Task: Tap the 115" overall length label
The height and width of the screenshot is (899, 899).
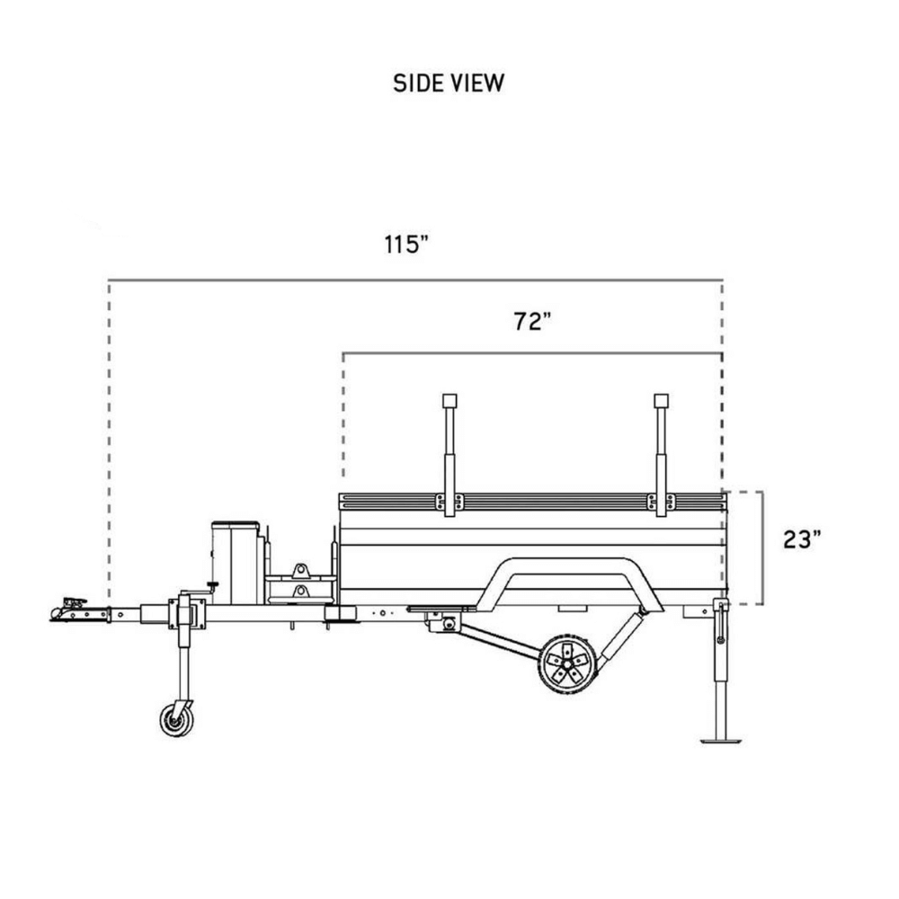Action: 407,245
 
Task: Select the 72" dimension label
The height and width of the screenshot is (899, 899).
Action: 532,322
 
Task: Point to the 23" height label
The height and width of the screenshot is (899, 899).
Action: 801,539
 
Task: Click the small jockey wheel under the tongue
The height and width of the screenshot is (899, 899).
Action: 176,719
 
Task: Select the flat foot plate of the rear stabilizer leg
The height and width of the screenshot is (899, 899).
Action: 720,740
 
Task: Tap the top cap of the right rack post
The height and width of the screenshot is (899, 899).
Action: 662,400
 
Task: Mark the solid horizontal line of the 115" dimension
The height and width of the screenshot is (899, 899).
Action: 414,280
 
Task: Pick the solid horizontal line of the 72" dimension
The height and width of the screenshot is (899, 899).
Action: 530,353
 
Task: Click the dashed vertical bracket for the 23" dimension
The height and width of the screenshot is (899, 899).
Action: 761,548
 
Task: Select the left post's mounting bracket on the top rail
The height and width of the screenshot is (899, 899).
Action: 449,502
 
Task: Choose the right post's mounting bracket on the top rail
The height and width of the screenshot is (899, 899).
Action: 662,502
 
